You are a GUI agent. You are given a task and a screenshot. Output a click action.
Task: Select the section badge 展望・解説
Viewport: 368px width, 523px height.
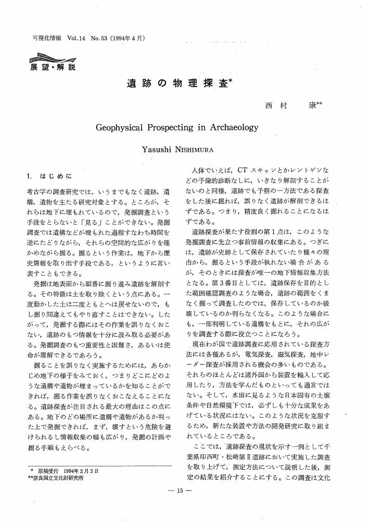[x=52, y=67]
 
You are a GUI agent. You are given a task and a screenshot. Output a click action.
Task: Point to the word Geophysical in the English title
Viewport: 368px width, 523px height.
[x=123, y=127]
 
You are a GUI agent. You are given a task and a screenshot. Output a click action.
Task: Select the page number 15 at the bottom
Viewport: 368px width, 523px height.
[x=184, y=505]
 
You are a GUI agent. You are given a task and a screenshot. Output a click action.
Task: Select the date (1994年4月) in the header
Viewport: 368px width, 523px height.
[x=125, y=38]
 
